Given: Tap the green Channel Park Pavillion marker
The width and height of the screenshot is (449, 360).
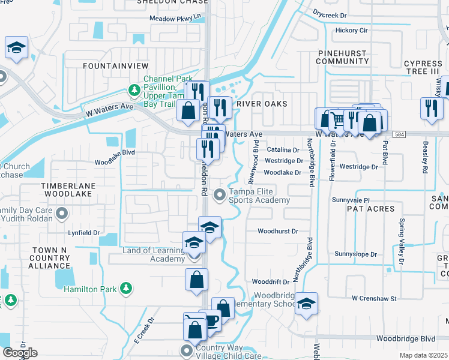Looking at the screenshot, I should pos(134,91).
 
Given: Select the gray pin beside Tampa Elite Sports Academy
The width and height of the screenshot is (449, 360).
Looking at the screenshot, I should pos(220,194).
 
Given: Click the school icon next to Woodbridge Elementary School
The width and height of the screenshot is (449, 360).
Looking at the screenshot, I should pos(306,304).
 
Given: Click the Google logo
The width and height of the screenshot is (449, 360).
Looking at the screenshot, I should pos(20,353).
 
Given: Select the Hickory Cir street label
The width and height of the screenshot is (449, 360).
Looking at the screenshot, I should pos(352,30).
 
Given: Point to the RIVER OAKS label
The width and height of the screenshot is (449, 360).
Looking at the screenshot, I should pos(262,104).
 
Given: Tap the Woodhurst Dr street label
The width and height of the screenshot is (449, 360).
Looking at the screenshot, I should pos(277,231).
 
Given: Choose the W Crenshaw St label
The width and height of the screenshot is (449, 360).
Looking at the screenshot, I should pos(374,298).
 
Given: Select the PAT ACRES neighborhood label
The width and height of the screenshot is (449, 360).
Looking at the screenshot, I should pos(370,209).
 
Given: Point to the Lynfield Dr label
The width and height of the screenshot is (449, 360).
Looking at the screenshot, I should pos(83,232).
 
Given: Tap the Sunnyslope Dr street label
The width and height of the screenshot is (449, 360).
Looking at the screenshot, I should pos(355,254).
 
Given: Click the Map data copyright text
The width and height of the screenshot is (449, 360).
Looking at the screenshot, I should pos(423,355).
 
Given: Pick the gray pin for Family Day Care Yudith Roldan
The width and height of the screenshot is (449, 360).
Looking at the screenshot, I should pos(61,214).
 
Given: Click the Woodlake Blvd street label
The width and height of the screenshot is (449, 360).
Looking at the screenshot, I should pos(115,161).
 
